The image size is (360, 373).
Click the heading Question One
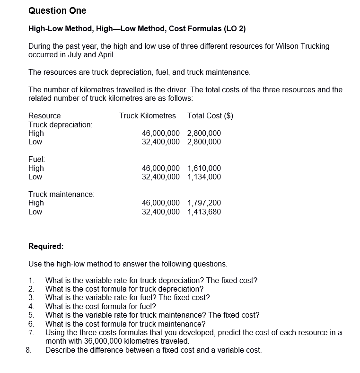tap(57, 10)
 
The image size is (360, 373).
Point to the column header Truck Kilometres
tap(147, 115)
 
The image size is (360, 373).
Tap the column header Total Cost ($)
tap(210, 115)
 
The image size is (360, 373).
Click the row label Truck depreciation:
tap(61, 124)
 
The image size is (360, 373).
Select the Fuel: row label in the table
tap(36, 160)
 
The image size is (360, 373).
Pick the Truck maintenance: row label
tap(61, 194)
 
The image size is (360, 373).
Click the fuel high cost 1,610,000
tap(204, 168)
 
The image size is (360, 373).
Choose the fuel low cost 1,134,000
tap(204, 177)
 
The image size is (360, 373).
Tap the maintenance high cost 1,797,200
tap(204, 203)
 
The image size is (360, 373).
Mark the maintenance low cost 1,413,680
tap(204, 212)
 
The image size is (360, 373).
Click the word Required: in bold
tap(46, 246)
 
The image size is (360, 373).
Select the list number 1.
tap(31, 280)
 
